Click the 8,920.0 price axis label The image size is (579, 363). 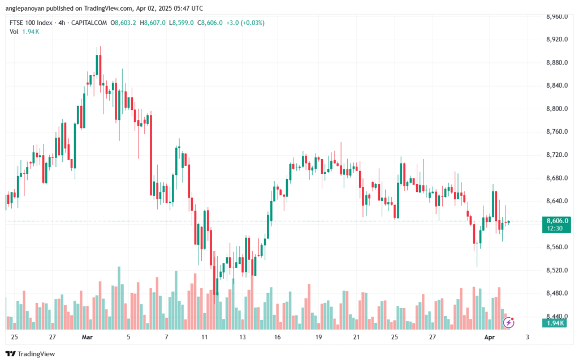[557, 40]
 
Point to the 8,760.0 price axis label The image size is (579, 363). [557, 132]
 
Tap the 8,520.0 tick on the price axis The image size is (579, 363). [557, 270]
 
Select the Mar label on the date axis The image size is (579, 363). [87, 337]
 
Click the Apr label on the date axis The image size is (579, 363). [489, 337]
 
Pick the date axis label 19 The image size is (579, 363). [318, 337]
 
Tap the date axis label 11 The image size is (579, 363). [204, 337]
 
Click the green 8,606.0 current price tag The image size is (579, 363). [557, 221]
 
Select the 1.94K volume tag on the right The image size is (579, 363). [555, 323]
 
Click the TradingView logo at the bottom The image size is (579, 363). [31, 354]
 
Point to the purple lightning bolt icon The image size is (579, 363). [508, 323]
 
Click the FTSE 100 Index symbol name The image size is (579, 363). [31, 23]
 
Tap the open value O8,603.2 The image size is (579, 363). [123, 23]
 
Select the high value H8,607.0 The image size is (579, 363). [153, 23]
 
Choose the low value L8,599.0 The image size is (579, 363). [182, 23]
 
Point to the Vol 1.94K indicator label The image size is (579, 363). [24, 32]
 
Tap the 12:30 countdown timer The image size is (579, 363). [555, 228]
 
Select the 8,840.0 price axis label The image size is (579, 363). [557, 86]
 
